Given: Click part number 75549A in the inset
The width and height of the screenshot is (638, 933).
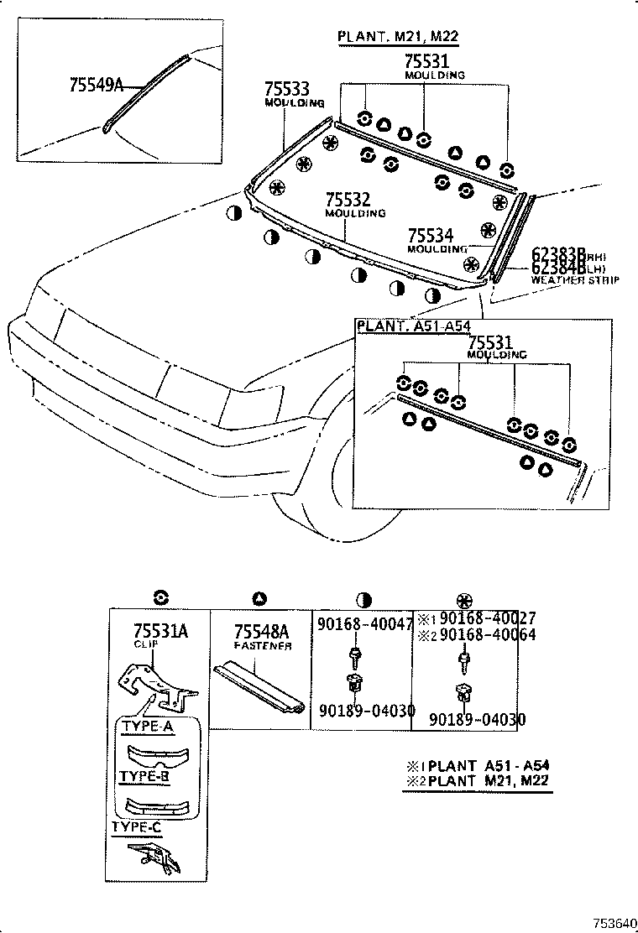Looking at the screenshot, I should tap(96, 85).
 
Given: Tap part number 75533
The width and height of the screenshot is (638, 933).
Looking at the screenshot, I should tap(287, 89).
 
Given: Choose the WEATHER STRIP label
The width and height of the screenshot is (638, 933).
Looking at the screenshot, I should tap(575, 280).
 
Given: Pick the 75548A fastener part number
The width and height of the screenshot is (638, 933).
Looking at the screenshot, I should tap(261, 631).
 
